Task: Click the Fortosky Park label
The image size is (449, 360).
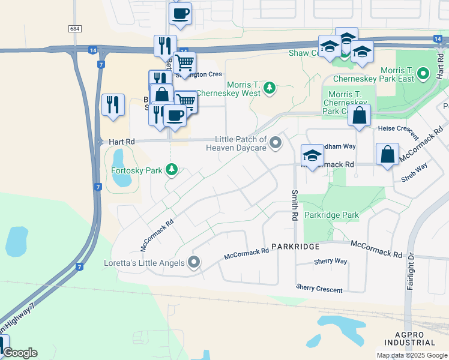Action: pos(137,170)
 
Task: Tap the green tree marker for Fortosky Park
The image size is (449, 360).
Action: pos(172,170)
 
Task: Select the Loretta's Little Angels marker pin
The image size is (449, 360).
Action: pos(194,262)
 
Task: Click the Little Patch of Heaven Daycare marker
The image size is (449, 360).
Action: pos(276,142)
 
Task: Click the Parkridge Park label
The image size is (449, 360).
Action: pos(331,215)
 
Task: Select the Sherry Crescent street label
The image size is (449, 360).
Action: pos(319,289)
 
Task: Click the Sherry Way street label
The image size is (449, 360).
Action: pos(330,262)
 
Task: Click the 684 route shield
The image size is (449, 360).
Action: pos(74,29)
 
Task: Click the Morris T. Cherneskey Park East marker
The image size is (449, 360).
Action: pos(424,74)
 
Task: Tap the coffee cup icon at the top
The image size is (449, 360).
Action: pos(179,14)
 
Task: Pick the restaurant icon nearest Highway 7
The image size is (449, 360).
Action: pos(113,105)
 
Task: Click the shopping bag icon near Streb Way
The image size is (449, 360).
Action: pos(388,154)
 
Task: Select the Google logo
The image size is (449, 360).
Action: pos(20,353)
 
